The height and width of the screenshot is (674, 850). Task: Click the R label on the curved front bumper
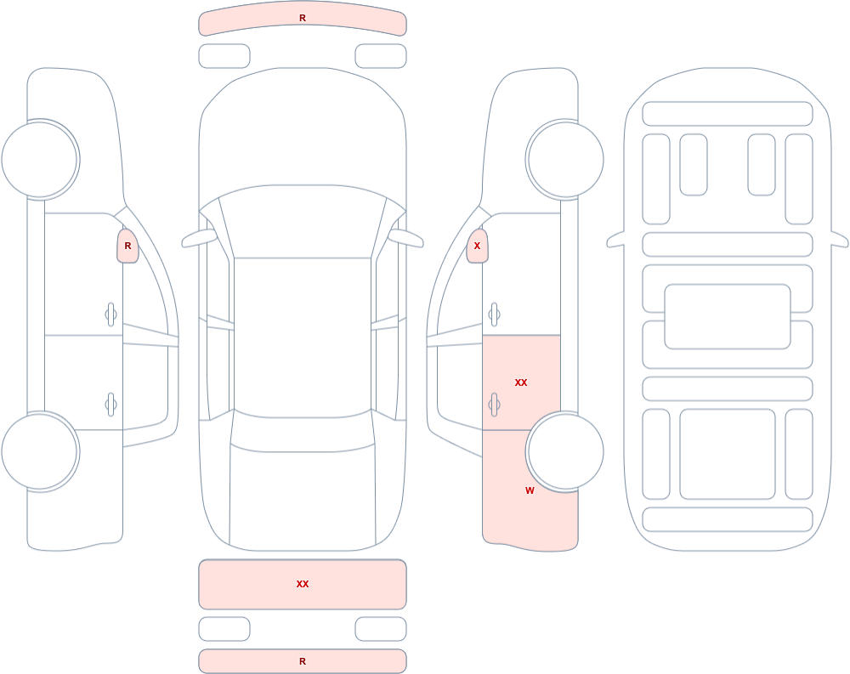coord(303,19)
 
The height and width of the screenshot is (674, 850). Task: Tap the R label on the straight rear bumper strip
coord(303,661)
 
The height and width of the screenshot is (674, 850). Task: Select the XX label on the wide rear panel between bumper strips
coord(303,584)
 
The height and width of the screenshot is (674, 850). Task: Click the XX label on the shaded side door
coord(521,382)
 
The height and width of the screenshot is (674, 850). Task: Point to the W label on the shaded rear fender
coord(530,490)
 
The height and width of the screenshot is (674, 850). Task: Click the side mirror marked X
coord(477,246)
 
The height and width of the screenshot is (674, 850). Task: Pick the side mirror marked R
coord(128,246)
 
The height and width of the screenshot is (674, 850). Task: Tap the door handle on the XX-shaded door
coord(494,405)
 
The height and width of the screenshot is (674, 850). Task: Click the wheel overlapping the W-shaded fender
coord(564,451)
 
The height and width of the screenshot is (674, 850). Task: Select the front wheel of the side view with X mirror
coord(564,160)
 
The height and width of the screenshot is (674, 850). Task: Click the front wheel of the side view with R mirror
coord(41,160)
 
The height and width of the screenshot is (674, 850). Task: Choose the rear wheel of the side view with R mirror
coord(41,451)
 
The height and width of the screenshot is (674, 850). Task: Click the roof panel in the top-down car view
coord(303,337)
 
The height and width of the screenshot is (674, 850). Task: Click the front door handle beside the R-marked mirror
coord(111,314)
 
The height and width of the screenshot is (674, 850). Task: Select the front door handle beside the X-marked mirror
coord(494,314)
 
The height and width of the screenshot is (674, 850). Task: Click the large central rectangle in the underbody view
coord(728,317)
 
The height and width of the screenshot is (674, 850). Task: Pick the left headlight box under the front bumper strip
coord(224,56)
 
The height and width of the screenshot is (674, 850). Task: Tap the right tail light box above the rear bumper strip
coord(381,629)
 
